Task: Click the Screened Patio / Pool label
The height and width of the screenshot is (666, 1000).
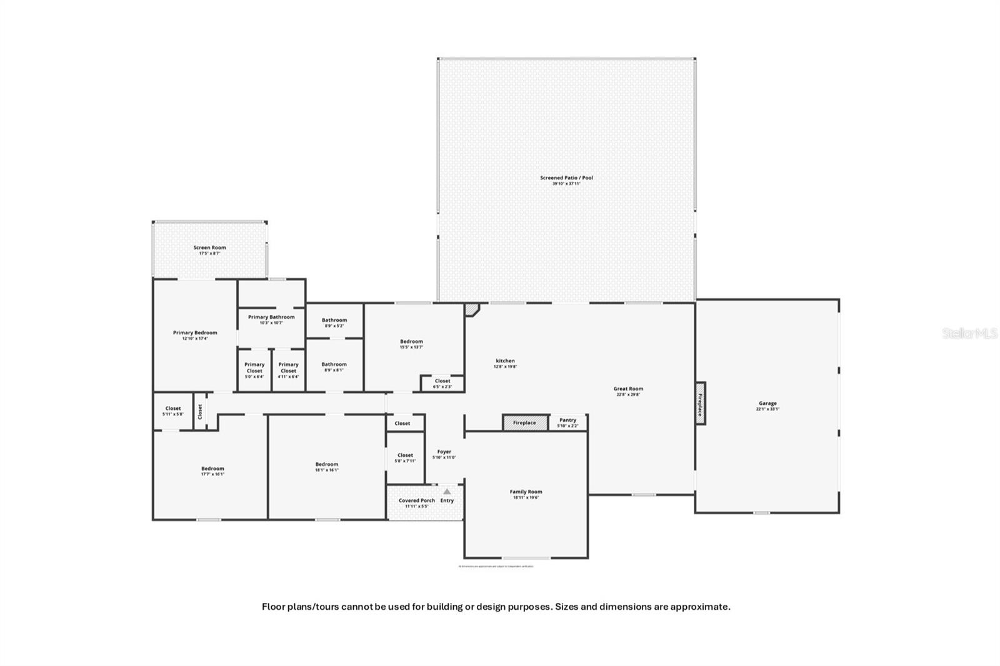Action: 566,178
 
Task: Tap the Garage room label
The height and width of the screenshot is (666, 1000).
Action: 767,404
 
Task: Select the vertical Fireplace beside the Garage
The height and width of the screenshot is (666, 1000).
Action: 701,404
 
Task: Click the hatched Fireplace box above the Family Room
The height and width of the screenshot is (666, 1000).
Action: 524,423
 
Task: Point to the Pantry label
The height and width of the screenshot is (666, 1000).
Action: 567,420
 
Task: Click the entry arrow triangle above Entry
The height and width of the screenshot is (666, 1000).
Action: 447,492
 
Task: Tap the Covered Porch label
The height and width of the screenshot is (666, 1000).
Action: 417,500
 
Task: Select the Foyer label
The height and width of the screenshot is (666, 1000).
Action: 444,452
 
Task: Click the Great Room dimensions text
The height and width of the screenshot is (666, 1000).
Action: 628,395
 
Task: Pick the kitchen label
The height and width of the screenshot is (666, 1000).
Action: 505,361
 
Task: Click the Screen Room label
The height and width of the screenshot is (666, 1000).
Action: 209,247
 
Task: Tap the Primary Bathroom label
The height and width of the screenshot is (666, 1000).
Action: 271,317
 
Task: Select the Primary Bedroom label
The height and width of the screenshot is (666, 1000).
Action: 195,333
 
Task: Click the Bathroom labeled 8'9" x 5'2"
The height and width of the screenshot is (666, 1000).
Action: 334,321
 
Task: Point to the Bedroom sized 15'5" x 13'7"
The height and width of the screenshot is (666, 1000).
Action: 411,342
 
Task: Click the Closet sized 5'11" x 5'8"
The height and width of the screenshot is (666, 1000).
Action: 173,409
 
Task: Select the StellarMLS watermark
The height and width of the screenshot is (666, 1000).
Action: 969,334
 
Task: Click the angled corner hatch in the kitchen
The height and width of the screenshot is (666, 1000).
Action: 471,309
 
